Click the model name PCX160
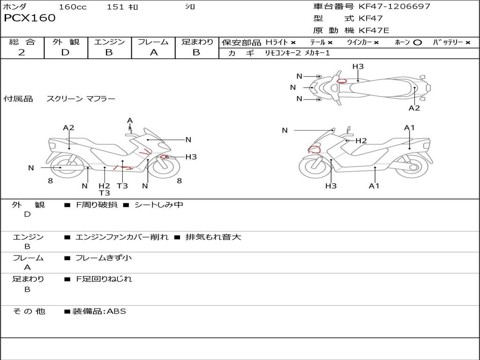click(x=30, y=18)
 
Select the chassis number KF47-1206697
click(x=394, y=6)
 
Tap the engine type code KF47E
click(x=374, y=30)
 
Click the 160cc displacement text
click(x=73, y=7)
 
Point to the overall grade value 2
click(x=22, y=52)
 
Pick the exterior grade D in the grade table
click(x=65, y=52)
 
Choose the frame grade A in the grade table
click(x=154, y=52)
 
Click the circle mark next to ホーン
click(x=417, y=43)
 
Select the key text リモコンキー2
click(x=283, y=53)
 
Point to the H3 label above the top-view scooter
click(x=358, y=67)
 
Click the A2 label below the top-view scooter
click(x=414, y=108)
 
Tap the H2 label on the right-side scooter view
click(x=361, y=141)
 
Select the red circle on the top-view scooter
click(x=342, y=81)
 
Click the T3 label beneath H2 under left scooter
click(x=105, y=193)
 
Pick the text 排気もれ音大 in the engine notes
click(x=213, y=237)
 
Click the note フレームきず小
click(x=104, y=258)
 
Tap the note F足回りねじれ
click(x=104, y=279)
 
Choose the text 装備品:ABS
click(x=99, y=312)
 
